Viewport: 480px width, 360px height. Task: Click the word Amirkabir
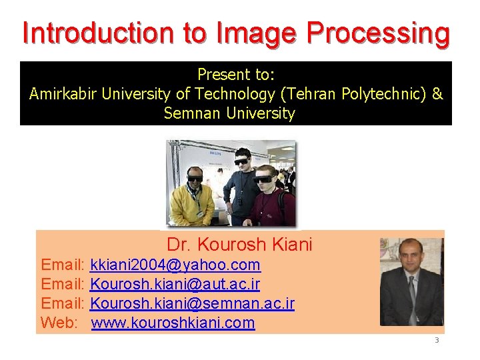[63, 94]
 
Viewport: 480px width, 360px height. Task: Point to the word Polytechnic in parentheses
[380, 94]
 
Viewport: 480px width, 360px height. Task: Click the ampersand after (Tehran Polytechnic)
[437, 94]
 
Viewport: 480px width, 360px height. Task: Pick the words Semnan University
[229, 113]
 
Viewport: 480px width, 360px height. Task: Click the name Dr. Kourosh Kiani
[239, 245]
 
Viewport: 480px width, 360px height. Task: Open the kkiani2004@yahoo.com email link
[175, 265]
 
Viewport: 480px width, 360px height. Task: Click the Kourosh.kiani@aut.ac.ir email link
[175, 285]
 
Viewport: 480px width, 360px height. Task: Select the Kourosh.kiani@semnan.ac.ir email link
[192, 304]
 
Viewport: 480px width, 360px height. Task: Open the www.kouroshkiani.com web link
[173, 323]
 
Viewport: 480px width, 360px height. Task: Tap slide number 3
[437, 341]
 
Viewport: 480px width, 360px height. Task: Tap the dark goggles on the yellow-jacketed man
[195, 178]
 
